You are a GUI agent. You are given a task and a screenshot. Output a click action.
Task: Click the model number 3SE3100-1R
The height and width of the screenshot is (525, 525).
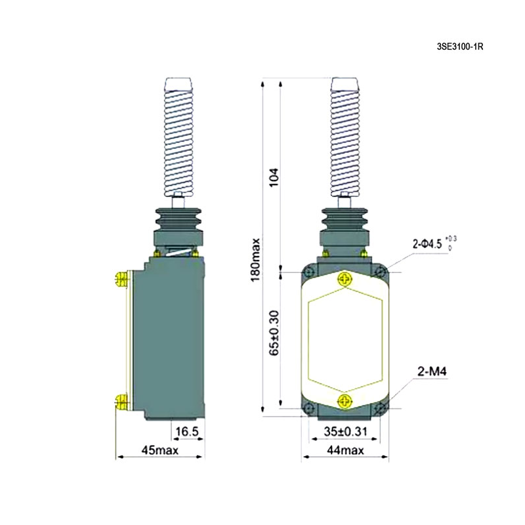pos(460,47)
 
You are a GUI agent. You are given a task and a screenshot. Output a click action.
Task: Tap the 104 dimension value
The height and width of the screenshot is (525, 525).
pos(274,177)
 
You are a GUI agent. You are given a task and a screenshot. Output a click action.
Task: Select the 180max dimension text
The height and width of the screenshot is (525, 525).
pos(255,260)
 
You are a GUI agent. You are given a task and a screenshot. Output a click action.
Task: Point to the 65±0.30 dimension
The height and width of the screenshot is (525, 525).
pos(274,333)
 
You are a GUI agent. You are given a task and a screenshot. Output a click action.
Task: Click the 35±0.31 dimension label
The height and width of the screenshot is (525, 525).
pos(345,432)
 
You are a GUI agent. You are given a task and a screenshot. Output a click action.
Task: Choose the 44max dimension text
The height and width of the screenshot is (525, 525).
pos(345,450)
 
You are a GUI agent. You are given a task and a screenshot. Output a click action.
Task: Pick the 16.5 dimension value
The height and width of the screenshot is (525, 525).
pos(187,432)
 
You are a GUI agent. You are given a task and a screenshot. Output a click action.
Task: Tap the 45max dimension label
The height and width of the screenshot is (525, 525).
pos(160,450)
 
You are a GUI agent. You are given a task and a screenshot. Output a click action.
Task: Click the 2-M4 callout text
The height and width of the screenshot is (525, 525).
pos(432,371)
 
